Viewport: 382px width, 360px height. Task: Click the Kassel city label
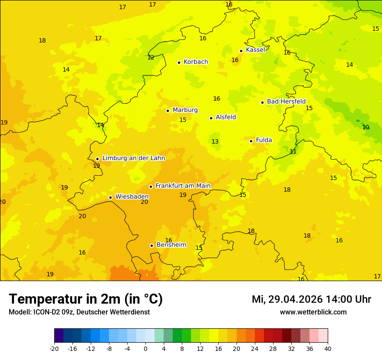(x=255, y=50)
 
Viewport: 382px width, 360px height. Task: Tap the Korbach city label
(x=196, y=62)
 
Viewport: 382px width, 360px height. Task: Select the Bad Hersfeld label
(x=286, y=101)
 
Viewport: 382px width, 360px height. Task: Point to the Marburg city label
(x=185, y=110)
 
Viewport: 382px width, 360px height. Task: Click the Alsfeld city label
(x=226, y=117)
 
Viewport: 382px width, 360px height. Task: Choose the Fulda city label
(x=264, y=140)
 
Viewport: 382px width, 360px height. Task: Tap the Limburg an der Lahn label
(x=133, y=158)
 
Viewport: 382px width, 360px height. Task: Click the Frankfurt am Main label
(x=183, y=186)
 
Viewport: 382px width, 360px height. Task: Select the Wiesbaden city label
(x=132, y=197)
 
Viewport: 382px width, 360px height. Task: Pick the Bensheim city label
(x=171, y=245)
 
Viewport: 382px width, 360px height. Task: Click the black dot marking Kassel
(x=241, y=51)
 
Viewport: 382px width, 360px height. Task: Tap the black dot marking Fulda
(x=251, y=141)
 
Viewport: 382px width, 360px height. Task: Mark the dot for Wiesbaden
(x=110, y=197)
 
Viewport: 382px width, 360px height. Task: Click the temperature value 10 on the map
(x=366, y=127)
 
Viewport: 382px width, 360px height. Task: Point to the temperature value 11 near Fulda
(x=293, y=151)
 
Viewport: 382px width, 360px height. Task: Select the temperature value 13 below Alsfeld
(x=215, y=141)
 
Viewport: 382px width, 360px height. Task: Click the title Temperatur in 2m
(x=86, y=299)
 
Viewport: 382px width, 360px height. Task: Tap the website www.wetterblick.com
(x=313, y=312)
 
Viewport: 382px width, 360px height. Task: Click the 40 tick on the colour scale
(x=328, y=348)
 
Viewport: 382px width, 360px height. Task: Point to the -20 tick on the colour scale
(x=54, y=348)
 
